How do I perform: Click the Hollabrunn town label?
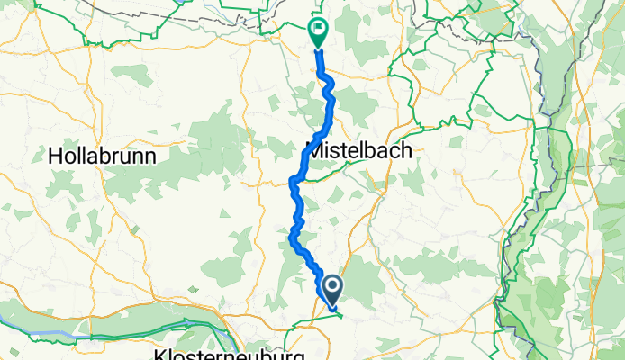pyautogui.click(x=102, y=156)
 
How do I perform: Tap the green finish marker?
pyautogui.click(x=318, y=32)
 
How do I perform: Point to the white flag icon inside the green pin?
pyautogui.click(x=318, y=28)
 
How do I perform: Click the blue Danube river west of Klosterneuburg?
pyautogui.click(x=54, y=332)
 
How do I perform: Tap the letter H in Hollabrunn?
pyautogui.click(x=54, y=156)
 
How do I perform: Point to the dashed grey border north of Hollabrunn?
pyautogui.click(x=135, y=11)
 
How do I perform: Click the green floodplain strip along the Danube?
pyautogui.click(x=18, y=315)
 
